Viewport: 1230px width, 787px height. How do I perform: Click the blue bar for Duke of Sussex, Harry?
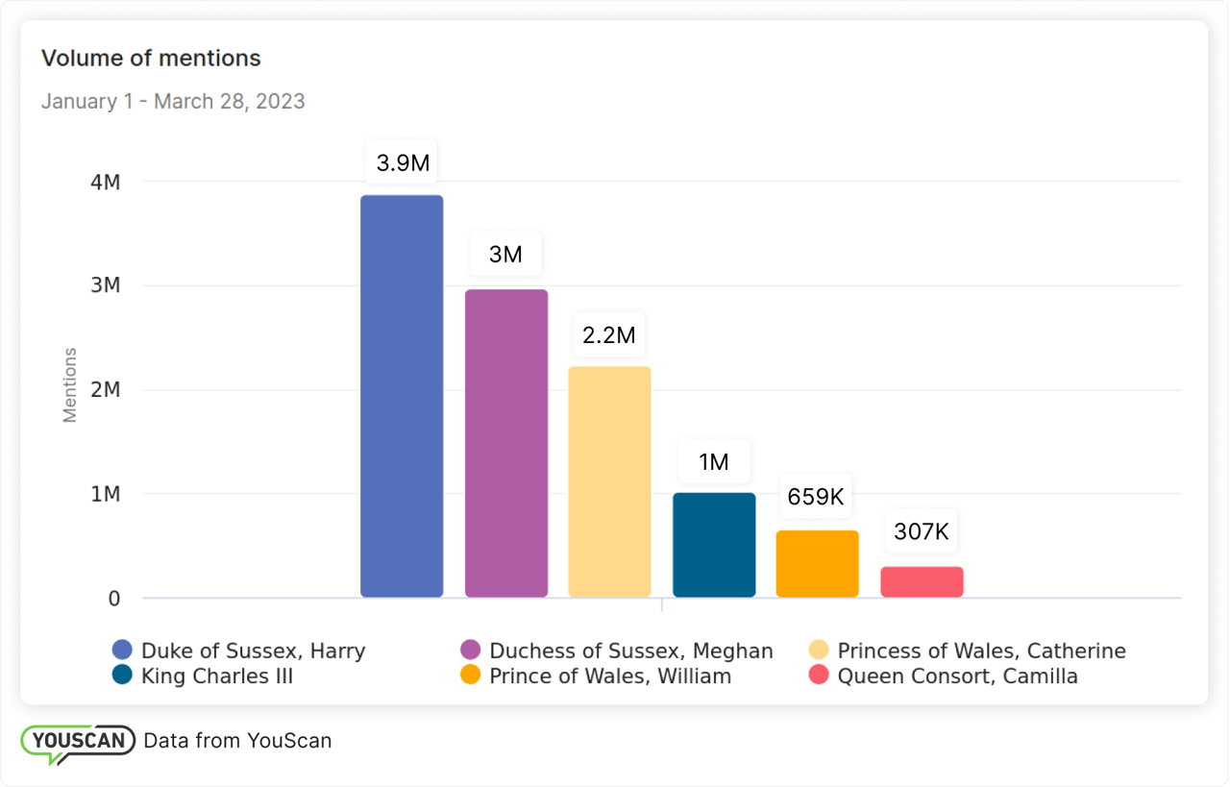click(x=402, y=396)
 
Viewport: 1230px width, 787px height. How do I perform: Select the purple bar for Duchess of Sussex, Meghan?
click(x=506, y=443)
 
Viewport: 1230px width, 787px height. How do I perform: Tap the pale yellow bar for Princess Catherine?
click(x=609, y=481)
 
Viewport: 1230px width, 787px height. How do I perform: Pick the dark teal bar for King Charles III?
click(x=714, y=545)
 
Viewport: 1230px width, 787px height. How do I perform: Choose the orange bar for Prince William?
click(x=818, y=564)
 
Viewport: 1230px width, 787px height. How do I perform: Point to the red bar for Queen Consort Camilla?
click(x=922, y=582)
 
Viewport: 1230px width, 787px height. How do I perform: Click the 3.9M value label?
click(x=403, y=163)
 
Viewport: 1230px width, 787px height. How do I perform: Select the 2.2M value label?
click(x=609, y=335)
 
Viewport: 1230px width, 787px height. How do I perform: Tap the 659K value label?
click(x=816, y=497)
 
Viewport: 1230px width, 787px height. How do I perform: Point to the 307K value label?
click(x=921, y=531)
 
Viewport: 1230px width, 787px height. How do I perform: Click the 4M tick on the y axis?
click(x=105, y=182)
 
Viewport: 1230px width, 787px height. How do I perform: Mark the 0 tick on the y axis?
click(x=114, y=599)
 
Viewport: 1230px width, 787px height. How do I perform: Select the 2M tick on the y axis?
click(x=105, y=390)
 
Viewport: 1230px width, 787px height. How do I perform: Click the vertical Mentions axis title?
click(x=70, y=385)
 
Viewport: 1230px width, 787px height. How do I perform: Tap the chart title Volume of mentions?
click(x=151, y=58)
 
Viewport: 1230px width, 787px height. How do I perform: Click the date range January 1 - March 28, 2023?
click(x=173, y=101)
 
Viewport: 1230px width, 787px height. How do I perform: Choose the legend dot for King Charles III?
click(x=122, y=676)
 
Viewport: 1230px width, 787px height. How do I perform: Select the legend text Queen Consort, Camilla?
click(x=957, y=676)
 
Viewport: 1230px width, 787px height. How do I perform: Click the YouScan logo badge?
click(x=78, y=742)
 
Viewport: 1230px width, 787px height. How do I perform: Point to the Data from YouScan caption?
click(x=237, y=740)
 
